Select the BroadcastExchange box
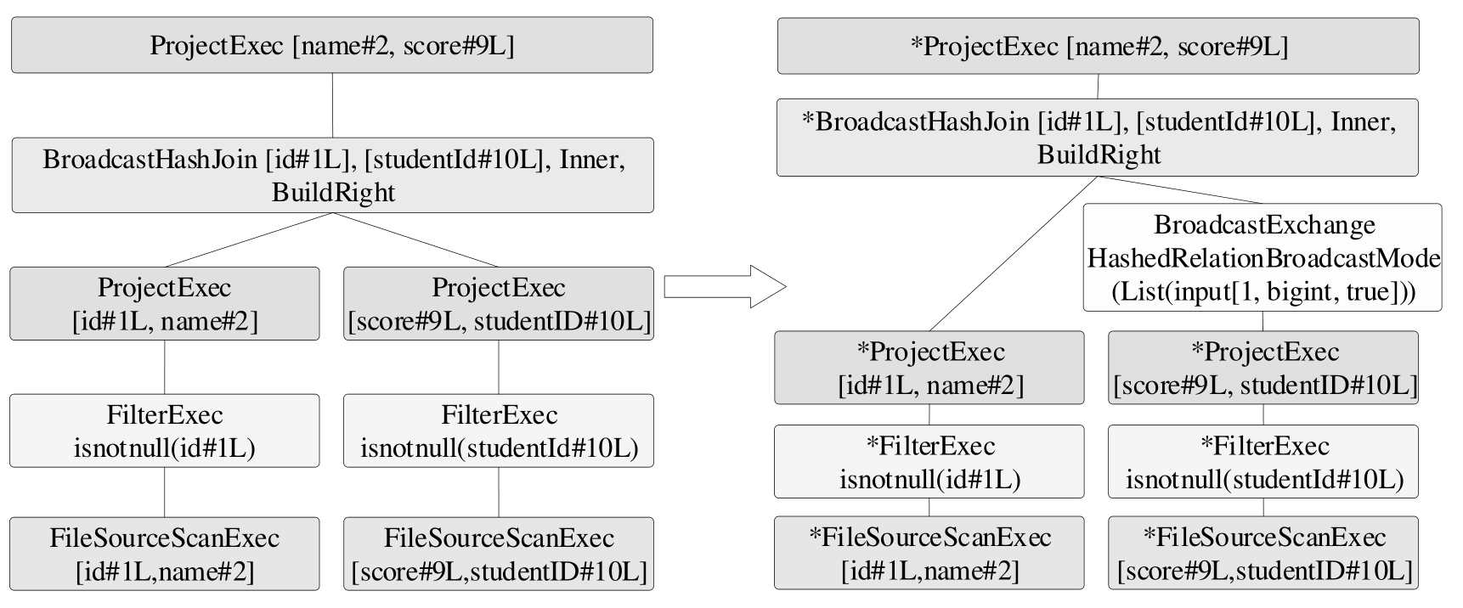click(x=1262, y=257)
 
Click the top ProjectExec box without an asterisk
click(x=332, y=45)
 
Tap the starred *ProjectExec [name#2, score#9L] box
click(x=1098, y=46)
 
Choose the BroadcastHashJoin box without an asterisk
click(x=332, y=175)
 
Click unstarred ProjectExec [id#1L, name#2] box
click(x=164, y=304)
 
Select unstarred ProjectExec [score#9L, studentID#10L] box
click(x=499, y=304)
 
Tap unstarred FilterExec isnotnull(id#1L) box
click(x=164, y=431)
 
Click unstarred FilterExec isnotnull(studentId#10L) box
click(x=499, y=431)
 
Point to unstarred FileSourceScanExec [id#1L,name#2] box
click(x=164, y=554)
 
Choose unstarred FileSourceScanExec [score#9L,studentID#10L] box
click(x=499, y=554)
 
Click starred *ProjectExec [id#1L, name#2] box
click(x=929, y=368)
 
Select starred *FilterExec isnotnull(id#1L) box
click(x=929, y=461)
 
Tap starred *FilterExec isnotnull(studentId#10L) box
click(x=1263, y=461)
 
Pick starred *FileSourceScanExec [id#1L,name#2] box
click(x=929, y=553)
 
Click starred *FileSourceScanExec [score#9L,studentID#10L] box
click(x=1263, y=553)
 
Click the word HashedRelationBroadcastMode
click(x=1263, y=258)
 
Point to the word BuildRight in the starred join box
click(x=1099, y=155)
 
